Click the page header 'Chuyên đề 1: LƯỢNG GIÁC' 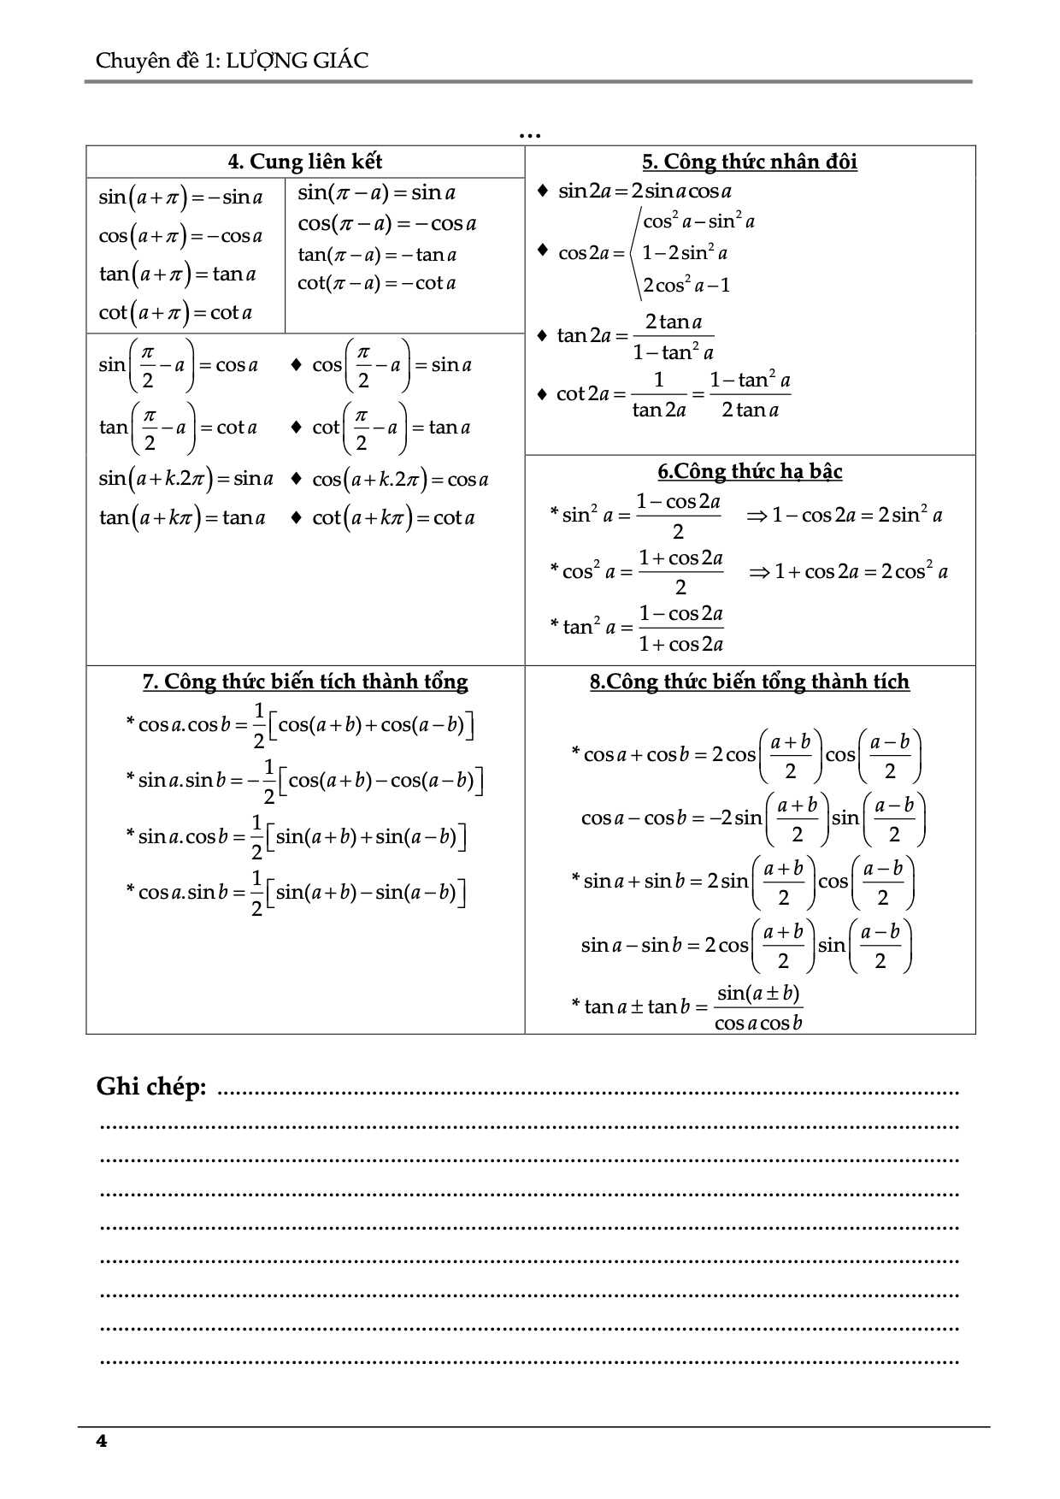[x=232, y=61]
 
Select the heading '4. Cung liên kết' [x=305, y=162]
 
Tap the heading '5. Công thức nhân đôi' [x=750, y=162]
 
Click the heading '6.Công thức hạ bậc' [x=750, y=471]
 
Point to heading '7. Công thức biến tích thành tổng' [x=305, y=682]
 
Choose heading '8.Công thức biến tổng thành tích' [x=749, y=682]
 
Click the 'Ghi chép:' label [x=151, y=1087]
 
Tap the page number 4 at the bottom [x=102, y=1441]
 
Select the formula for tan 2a [x=634, y=336]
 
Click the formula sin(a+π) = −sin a [x=180, y=197]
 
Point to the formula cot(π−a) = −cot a [x=376, y=283]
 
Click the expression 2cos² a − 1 [x=686, y=285]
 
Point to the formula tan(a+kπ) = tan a [x=182, y=517]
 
